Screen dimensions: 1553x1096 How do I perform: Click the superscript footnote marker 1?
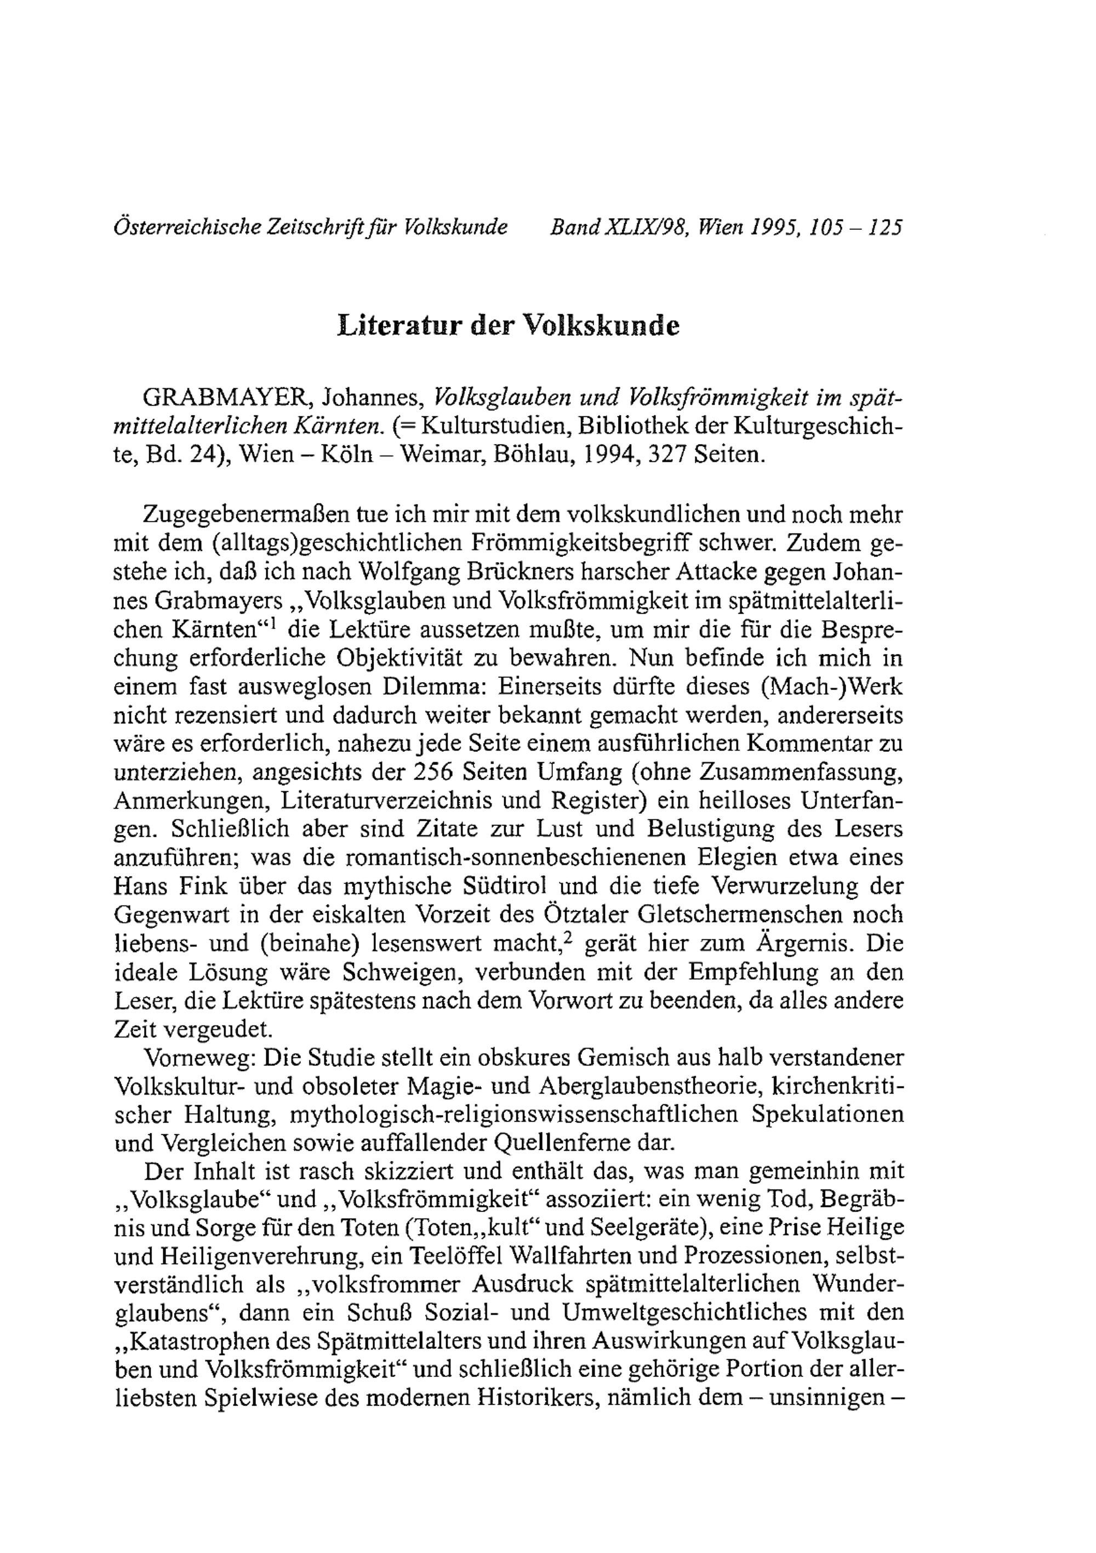(x=275, y=623)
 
